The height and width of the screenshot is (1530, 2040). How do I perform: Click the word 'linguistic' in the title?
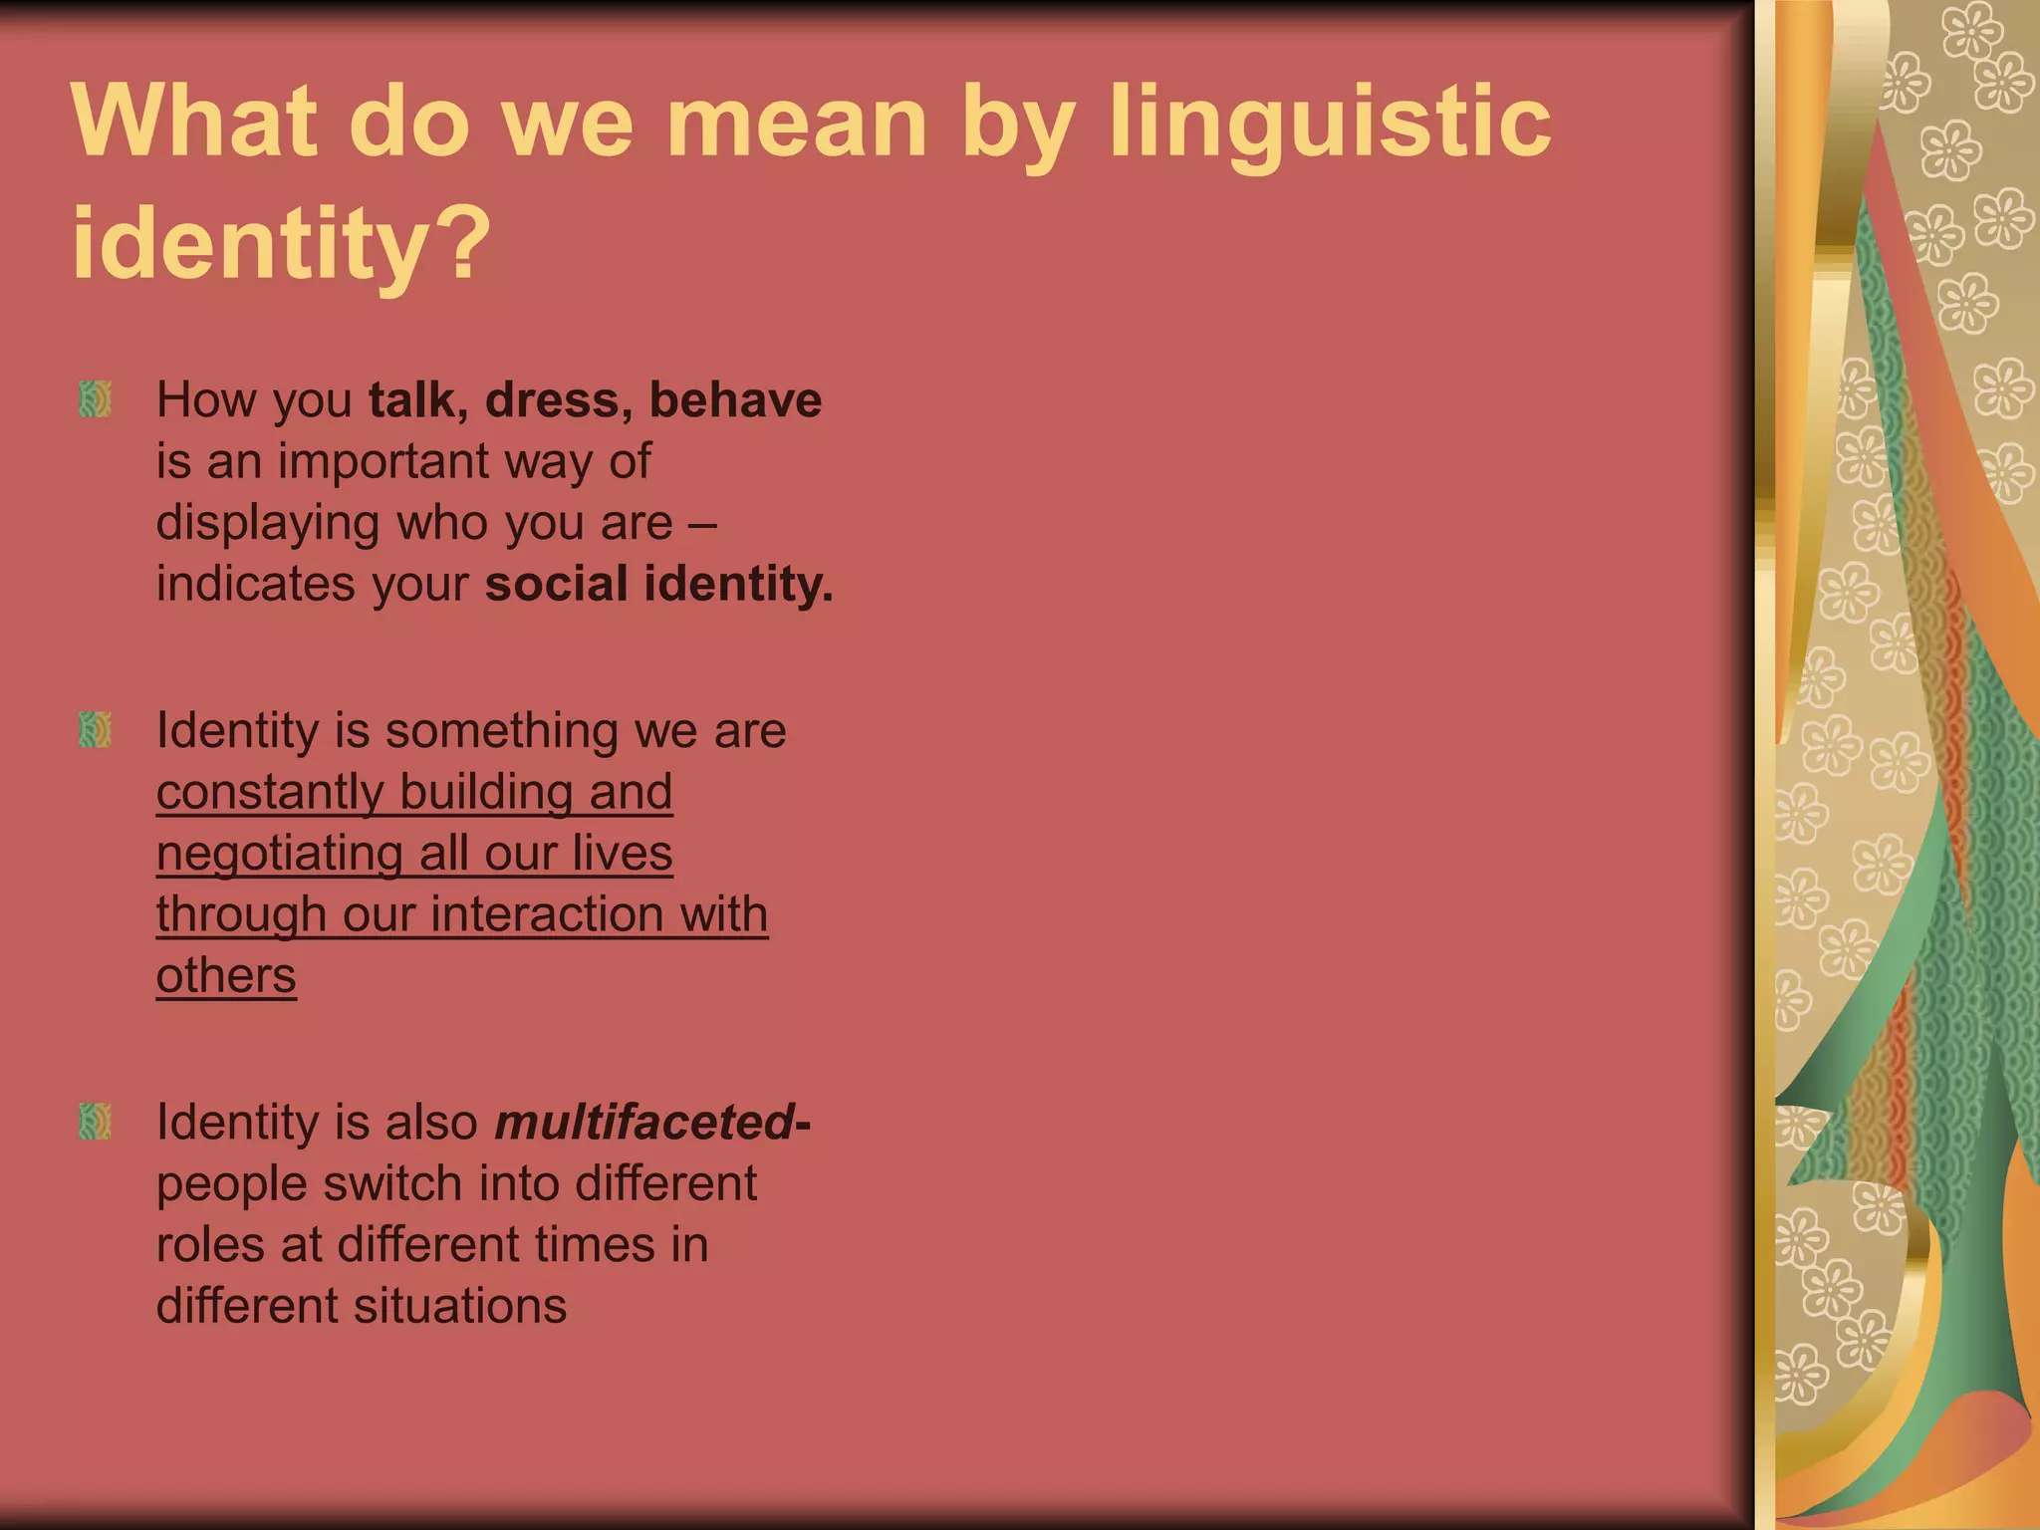point(1329,125)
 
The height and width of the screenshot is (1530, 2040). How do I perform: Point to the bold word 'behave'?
point(735,400)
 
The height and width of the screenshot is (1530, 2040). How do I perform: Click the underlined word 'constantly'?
point(269,793)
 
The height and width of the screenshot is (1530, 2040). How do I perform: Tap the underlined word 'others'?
point(226,976)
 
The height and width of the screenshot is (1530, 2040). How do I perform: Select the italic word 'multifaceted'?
point(643,1123)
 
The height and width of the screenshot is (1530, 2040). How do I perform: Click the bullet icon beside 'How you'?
point(95,399)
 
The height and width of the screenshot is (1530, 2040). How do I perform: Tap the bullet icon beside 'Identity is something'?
point(95,730)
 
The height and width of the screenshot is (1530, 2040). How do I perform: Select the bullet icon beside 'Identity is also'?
point(95,1122)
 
